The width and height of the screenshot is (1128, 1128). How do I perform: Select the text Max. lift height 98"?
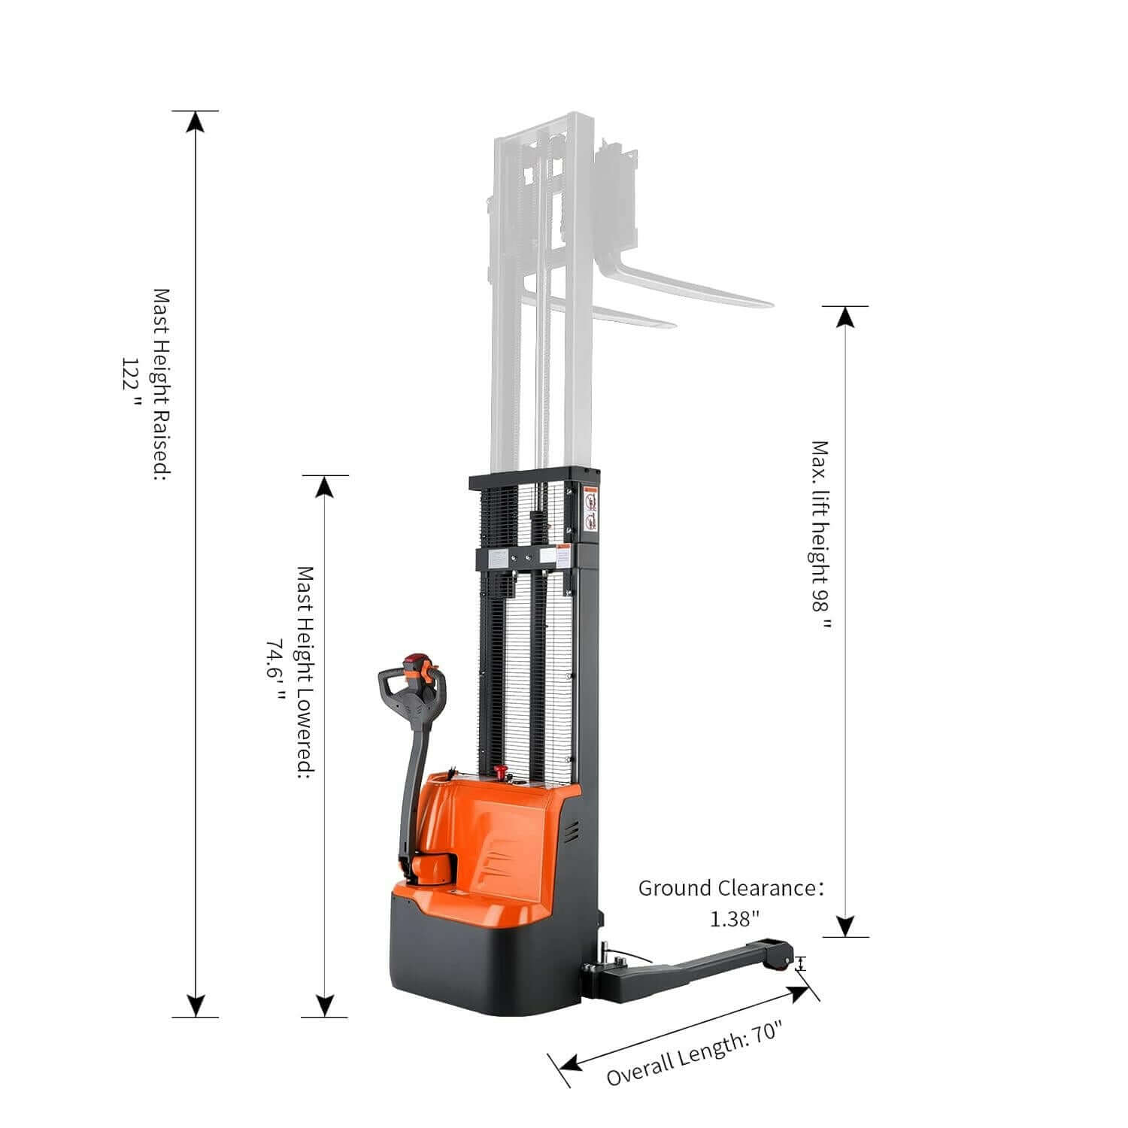(x=823, y=535)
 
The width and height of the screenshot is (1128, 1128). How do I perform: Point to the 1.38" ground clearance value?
(x=735, y=918)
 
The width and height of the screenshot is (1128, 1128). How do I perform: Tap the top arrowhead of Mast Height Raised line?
(x=196, y=122)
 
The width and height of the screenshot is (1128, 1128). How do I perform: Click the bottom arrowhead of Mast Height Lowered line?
(x=325, y=1006)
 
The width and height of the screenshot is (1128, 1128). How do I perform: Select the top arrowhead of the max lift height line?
(x=846, y=317)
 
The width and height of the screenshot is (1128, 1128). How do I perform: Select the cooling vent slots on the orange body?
(x=573, y=832)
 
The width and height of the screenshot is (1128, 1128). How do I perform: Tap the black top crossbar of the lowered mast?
(x=534, y=479)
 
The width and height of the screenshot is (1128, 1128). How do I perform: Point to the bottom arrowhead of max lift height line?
(x=846, y=926)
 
